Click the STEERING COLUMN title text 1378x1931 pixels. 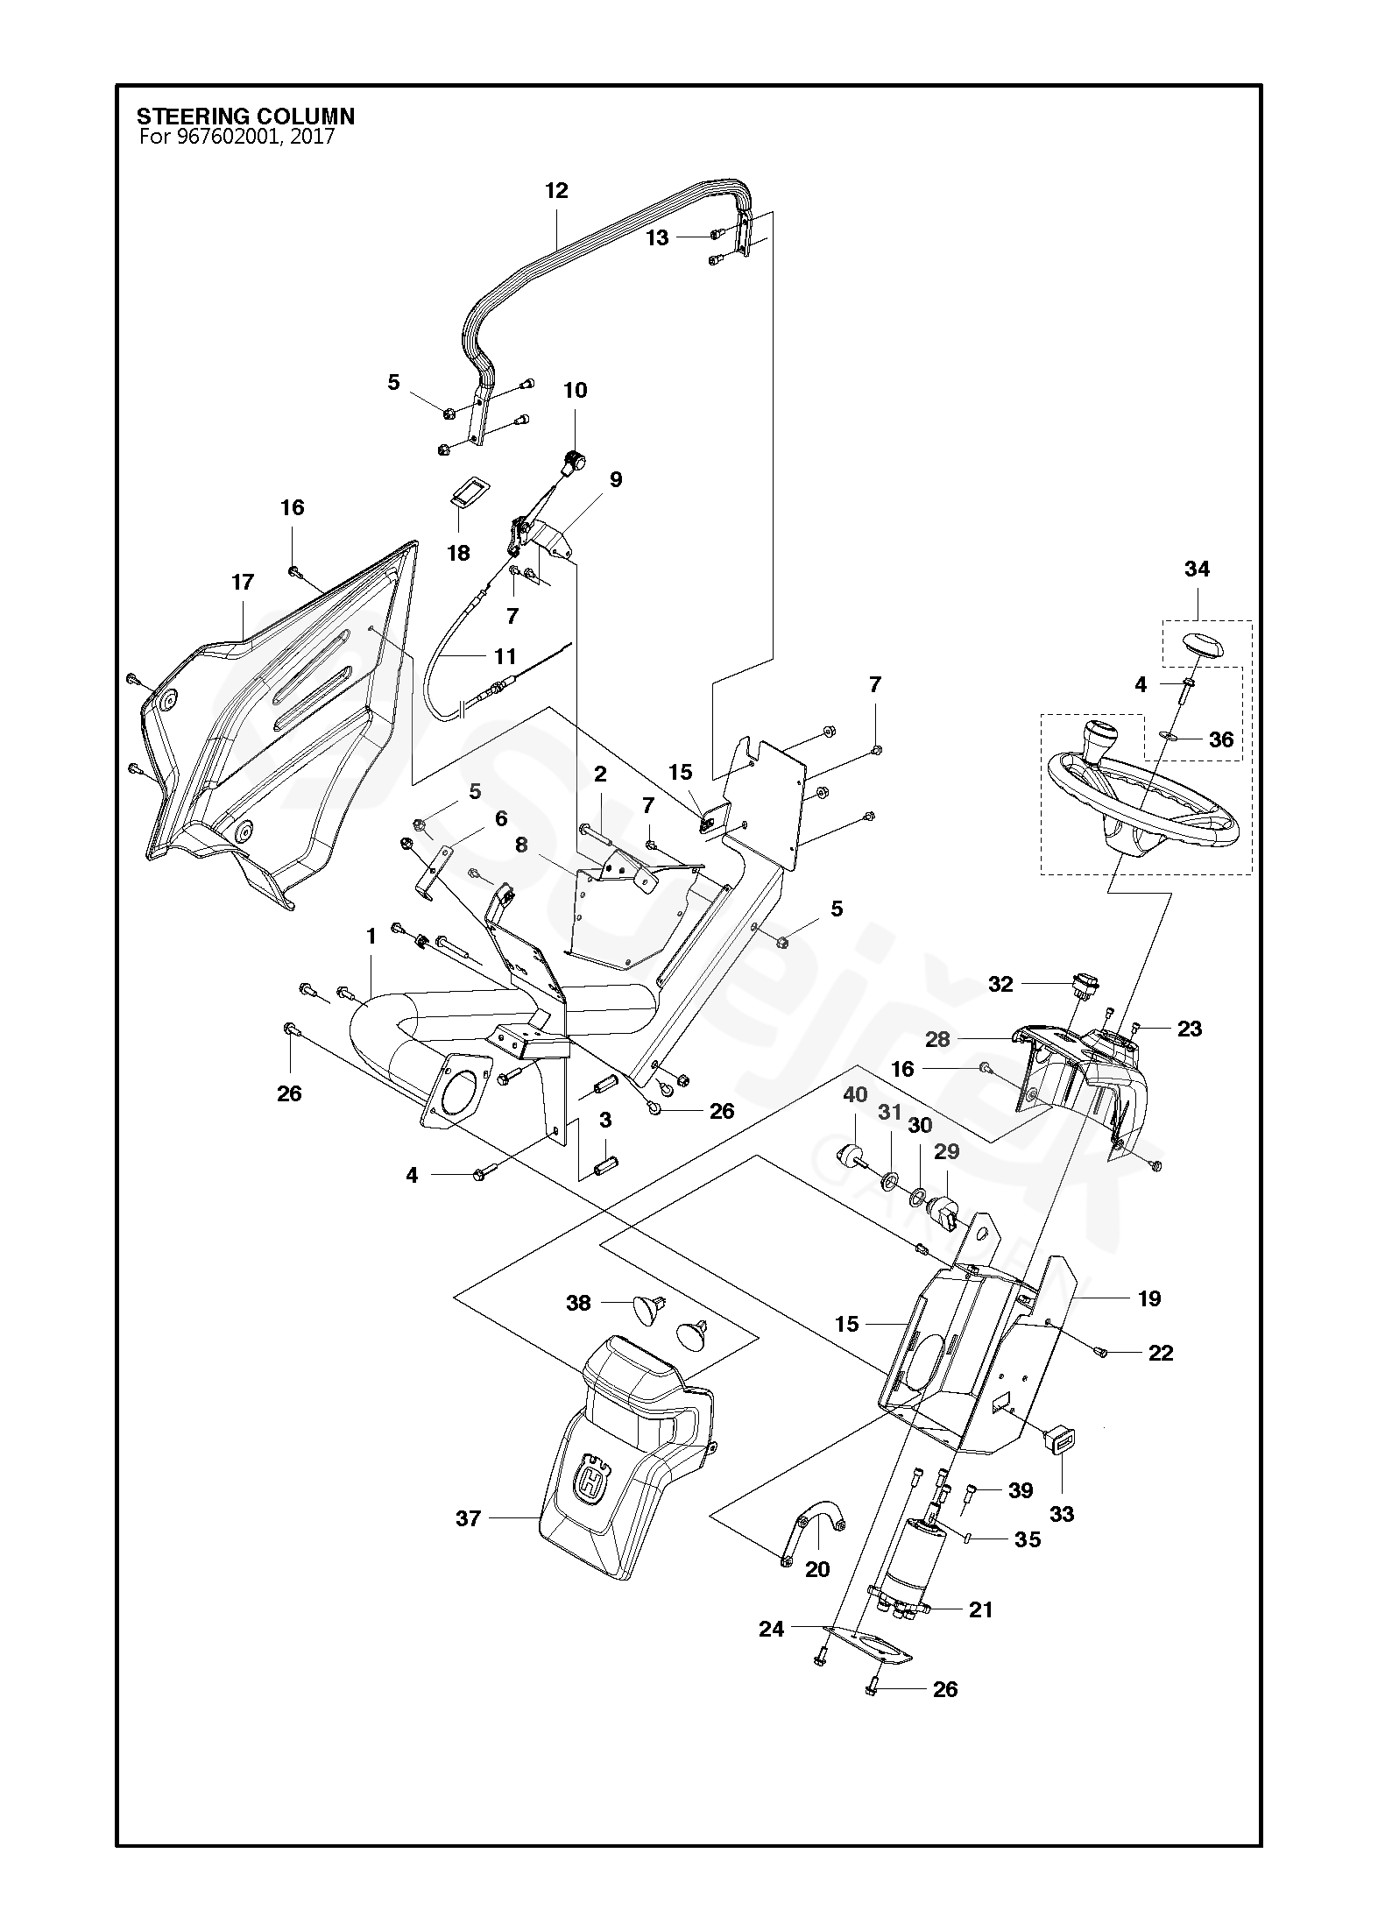[245, 117]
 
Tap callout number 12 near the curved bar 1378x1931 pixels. [556, 190]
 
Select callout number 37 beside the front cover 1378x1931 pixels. [469, 1518]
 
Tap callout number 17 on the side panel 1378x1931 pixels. [243, 582]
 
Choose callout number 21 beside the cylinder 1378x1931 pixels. [981, 1609]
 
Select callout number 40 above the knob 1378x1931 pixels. [855, 1094]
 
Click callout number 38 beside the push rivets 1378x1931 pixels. [578, 1303]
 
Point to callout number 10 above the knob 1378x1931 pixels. [575, 390]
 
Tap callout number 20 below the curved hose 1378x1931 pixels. [817, 1569]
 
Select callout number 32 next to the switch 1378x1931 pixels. [1000, 984]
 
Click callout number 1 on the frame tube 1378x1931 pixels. [371, 937]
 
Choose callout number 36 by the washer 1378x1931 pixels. [1221, 739]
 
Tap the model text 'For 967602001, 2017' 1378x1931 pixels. [237, 137]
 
